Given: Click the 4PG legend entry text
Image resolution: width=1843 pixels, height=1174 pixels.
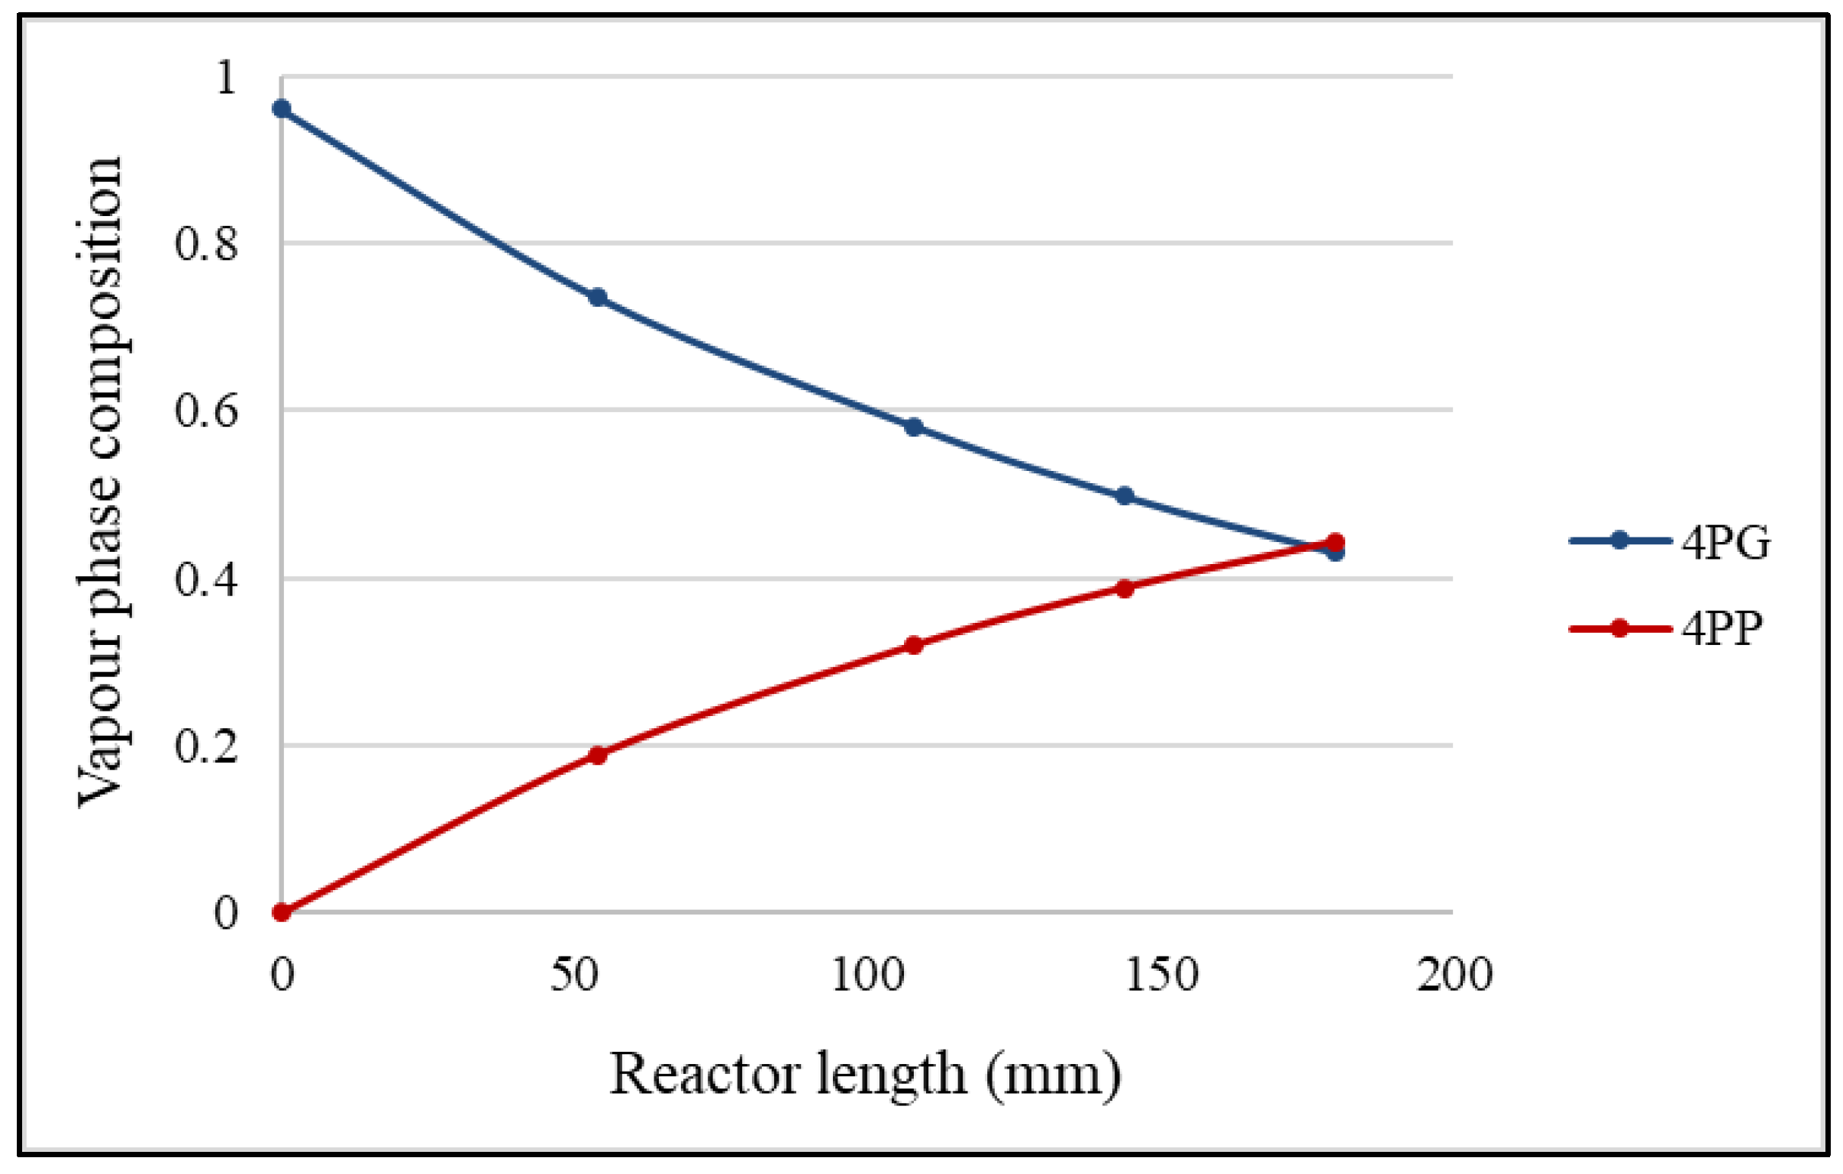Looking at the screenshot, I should click(x=1725, y=543).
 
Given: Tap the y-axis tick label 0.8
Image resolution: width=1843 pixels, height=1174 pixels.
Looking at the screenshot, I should click(x=206, y=244).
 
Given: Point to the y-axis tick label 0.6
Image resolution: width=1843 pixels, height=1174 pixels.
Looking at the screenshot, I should click(x=206, y=411).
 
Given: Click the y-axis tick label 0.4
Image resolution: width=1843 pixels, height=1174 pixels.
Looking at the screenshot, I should click(x=206, y=579).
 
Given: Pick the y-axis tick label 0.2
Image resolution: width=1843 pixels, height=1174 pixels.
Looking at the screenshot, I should click(x=206, y=747).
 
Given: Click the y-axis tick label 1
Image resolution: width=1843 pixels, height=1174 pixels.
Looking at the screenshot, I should click(x=225, y=77).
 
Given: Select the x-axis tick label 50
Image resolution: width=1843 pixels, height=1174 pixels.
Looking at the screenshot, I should click(x=574, y=975).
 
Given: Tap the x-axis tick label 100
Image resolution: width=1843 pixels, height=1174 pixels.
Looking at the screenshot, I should click(x=867, y=975).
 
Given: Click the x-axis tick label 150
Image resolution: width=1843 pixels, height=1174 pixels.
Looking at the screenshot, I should click(x=1160, y=975).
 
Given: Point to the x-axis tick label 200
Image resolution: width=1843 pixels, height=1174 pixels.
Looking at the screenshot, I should click(x=1454, y=975).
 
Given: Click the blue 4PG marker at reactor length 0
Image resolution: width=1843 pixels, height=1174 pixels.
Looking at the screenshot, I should click(x=282, y=108).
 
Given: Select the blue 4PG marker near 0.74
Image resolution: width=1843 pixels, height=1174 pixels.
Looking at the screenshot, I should click(x=598, y=297).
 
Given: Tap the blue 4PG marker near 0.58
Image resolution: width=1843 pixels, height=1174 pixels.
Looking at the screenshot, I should click(x=913, y=427).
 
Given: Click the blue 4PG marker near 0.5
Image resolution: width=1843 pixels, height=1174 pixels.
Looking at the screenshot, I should click(x=1125, y=496).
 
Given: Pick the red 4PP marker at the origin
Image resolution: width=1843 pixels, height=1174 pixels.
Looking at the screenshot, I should click(x=282, y=912).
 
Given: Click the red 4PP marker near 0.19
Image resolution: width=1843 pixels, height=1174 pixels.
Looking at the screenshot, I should click(x=598, y=756).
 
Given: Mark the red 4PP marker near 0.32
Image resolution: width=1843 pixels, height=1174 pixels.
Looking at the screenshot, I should click(x=913, y=645).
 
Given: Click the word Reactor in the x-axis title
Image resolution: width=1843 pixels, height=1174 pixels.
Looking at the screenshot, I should click(x=705, y=1075).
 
